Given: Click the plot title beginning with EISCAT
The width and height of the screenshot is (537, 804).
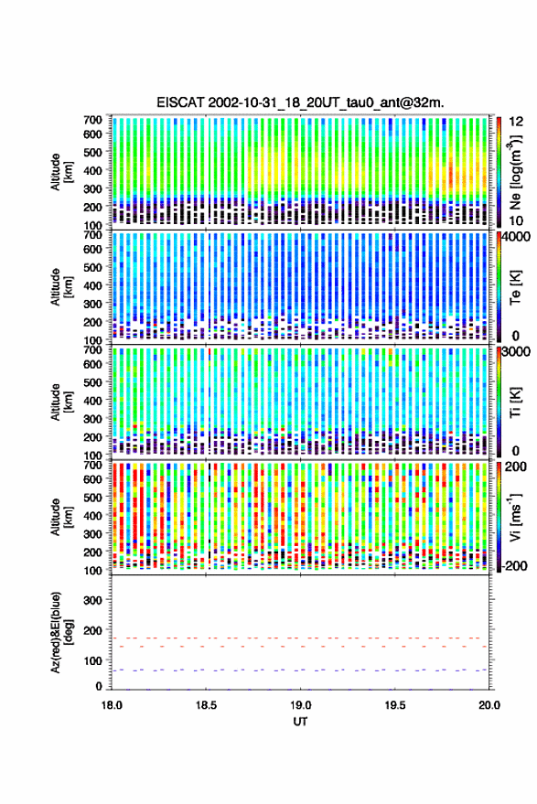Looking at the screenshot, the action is click(301, 102).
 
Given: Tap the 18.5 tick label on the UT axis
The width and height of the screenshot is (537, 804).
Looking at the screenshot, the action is click(206, 705).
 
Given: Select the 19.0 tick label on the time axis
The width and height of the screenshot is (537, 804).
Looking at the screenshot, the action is click(301, 705).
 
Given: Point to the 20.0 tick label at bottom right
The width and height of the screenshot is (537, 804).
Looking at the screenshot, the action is click(489, 705).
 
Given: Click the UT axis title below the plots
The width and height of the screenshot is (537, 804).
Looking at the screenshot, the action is click(301, 722).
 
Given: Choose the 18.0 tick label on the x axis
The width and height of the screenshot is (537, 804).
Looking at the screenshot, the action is click(112, 705).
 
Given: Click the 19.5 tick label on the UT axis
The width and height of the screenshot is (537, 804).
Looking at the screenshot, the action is click(395, 705).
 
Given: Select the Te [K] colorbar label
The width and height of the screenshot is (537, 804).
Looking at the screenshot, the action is click(515, 287).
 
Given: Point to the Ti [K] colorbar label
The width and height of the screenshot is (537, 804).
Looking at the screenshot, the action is click(515, 402).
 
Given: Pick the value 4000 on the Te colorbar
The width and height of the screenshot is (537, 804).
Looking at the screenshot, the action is click(516, 238).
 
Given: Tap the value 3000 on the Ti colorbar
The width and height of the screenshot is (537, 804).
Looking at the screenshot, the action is click(516, 352).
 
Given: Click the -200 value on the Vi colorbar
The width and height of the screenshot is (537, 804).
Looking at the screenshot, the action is click(514, 565).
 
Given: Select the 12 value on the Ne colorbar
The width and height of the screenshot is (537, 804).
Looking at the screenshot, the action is click(517, 122).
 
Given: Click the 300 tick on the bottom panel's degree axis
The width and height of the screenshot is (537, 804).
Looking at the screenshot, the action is click(92, 600).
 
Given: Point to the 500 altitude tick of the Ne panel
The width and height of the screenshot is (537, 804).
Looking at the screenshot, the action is click(92, 152).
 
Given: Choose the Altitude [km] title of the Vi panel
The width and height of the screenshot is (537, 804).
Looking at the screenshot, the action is click(62, 517).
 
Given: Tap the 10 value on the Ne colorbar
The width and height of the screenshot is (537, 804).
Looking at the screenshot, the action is click(517, 221).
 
